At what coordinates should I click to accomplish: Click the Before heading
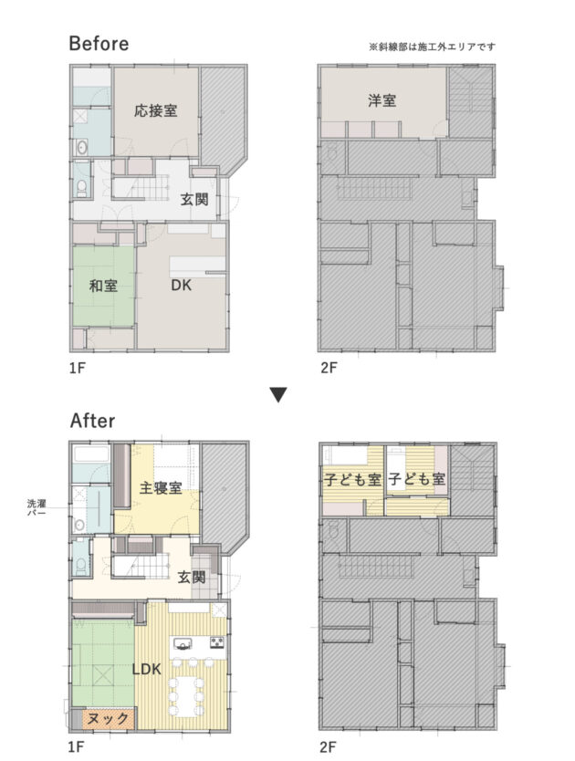tap(99, 43)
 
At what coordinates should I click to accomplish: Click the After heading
tap(93, 421)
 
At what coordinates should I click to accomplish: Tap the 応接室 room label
tap(155, 110)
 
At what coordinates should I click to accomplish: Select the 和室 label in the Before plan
tap(103, 286)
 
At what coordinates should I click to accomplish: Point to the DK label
tap(181, 285)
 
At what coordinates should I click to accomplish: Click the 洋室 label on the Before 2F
tap(382, 100)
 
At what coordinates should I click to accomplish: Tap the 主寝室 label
tap(161, 487)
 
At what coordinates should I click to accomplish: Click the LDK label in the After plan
tap(146, 669)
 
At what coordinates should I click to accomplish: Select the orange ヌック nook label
tap(109, 718)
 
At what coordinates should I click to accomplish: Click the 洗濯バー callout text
tap(37, 507)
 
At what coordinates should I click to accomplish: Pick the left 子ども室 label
tap(353, 480)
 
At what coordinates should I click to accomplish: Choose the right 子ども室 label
tap(417, 480)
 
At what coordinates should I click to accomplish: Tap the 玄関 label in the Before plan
tap(194, 199)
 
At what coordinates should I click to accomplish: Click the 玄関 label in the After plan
tap(192, 578)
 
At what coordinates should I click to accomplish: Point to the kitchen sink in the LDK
tap(183, 644)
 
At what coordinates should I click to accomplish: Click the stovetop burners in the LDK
tap(216, 643)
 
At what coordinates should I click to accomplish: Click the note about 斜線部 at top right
tap(433, 47)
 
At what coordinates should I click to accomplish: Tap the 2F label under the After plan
tap(329, 746)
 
